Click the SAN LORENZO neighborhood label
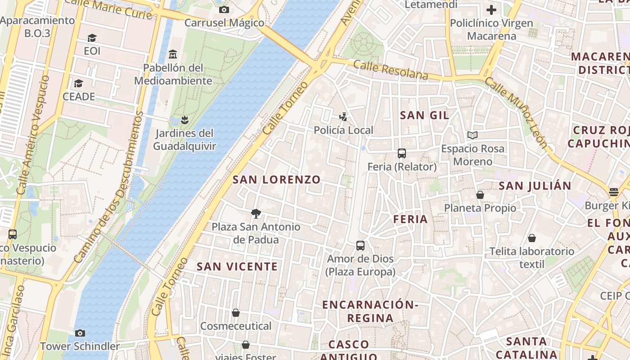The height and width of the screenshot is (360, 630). pos(276,180)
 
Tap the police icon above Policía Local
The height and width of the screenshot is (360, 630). pos(343,117)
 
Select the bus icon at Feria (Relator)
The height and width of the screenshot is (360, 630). pos(402,153)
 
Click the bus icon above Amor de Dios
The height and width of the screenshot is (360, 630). pos(360,246)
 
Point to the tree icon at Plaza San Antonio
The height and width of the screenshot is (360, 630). pos(256,213)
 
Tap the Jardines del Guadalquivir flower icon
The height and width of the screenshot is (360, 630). pos(184,120)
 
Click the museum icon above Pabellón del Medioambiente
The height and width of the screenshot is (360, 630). pos(172,54)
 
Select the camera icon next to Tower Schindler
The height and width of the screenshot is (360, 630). pos(80,333)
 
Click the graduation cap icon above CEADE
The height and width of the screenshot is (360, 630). pos(79,83)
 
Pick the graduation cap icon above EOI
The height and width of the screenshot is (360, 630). pos(92,38)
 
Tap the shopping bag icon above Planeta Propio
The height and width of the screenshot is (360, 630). pos(480,195)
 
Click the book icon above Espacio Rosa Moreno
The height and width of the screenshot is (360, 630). pos(472,135)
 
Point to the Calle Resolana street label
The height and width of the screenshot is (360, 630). pos(391,70)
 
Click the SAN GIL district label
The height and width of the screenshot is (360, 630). pos(424,115)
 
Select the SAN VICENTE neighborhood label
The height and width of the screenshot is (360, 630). pos(237,266)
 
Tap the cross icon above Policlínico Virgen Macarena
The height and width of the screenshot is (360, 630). pos(491,9)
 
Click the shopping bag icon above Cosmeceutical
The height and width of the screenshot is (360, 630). pos(235,313)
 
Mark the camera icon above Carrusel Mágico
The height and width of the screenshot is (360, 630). pos(224,9)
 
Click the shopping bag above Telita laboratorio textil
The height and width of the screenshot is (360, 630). pos(532,238)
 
